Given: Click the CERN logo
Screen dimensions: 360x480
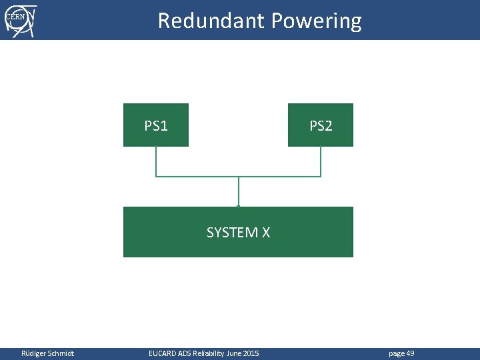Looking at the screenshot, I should (x=20, y=20).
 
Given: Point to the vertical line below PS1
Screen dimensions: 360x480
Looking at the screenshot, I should (x=156, y=161).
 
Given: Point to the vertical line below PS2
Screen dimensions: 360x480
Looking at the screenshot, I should (x=321, y=161).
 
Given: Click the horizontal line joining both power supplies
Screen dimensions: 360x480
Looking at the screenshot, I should (x=200, y=177).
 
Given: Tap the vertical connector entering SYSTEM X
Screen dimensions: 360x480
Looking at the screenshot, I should (x=238, y=192).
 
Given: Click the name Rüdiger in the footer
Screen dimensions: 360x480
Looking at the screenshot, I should (x=34, y=353).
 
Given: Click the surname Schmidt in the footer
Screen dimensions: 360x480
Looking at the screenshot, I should (x=61, y=353).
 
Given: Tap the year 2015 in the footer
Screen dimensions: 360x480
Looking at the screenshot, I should (x=251, y=353).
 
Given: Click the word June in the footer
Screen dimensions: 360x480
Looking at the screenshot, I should (x=234, y=353).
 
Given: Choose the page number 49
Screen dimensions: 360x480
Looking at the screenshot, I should (x=410, y=353).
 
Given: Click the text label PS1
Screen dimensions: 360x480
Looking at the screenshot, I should (x=156, y=125).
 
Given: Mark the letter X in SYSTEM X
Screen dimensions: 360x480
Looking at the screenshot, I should (x=265, y=233).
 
